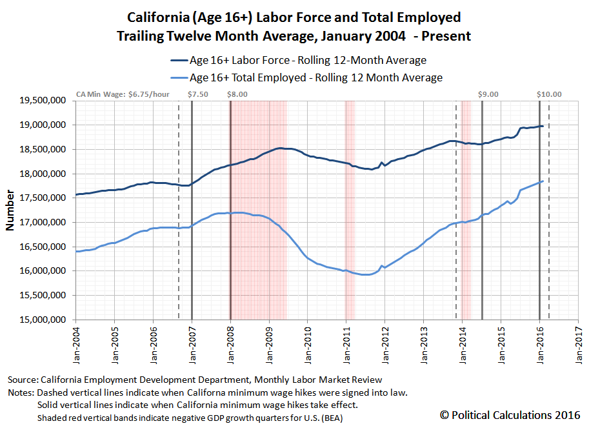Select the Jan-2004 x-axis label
76,342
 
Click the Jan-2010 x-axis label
308,342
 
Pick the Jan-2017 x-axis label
578,342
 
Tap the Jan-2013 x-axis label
423,342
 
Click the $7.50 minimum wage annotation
199,94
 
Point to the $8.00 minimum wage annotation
237,94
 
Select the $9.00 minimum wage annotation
488,94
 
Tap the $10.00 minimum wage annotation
549,94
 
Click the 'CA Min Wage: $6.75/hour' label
123,94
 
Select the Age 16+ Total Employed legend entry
307,77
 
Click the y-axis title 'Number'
10,210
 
